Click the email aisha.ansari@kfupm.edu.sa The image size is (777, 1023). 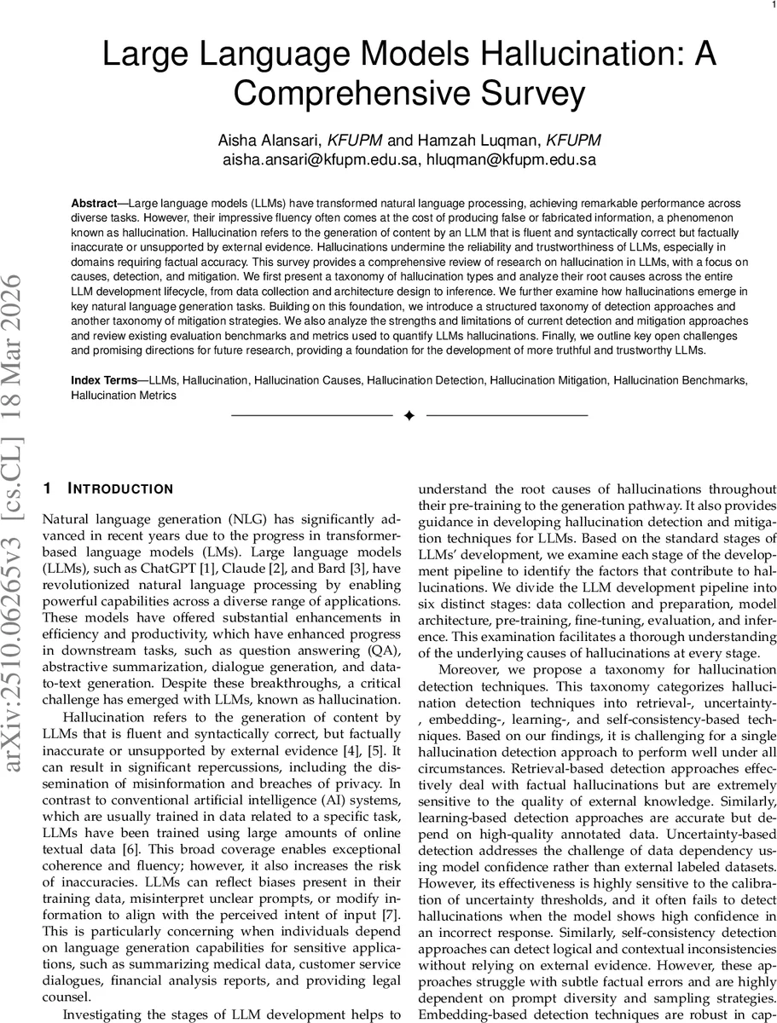(x=319, y=159)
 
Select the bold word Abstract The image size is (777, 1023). (x=94, y=205)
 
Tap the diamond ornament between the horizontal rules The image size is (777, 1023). (x=409, y=415)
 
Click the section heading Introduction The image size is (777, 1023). (x=119, y=489)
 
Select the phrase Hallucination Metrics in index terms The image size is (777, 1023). (x=124, y=396)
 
